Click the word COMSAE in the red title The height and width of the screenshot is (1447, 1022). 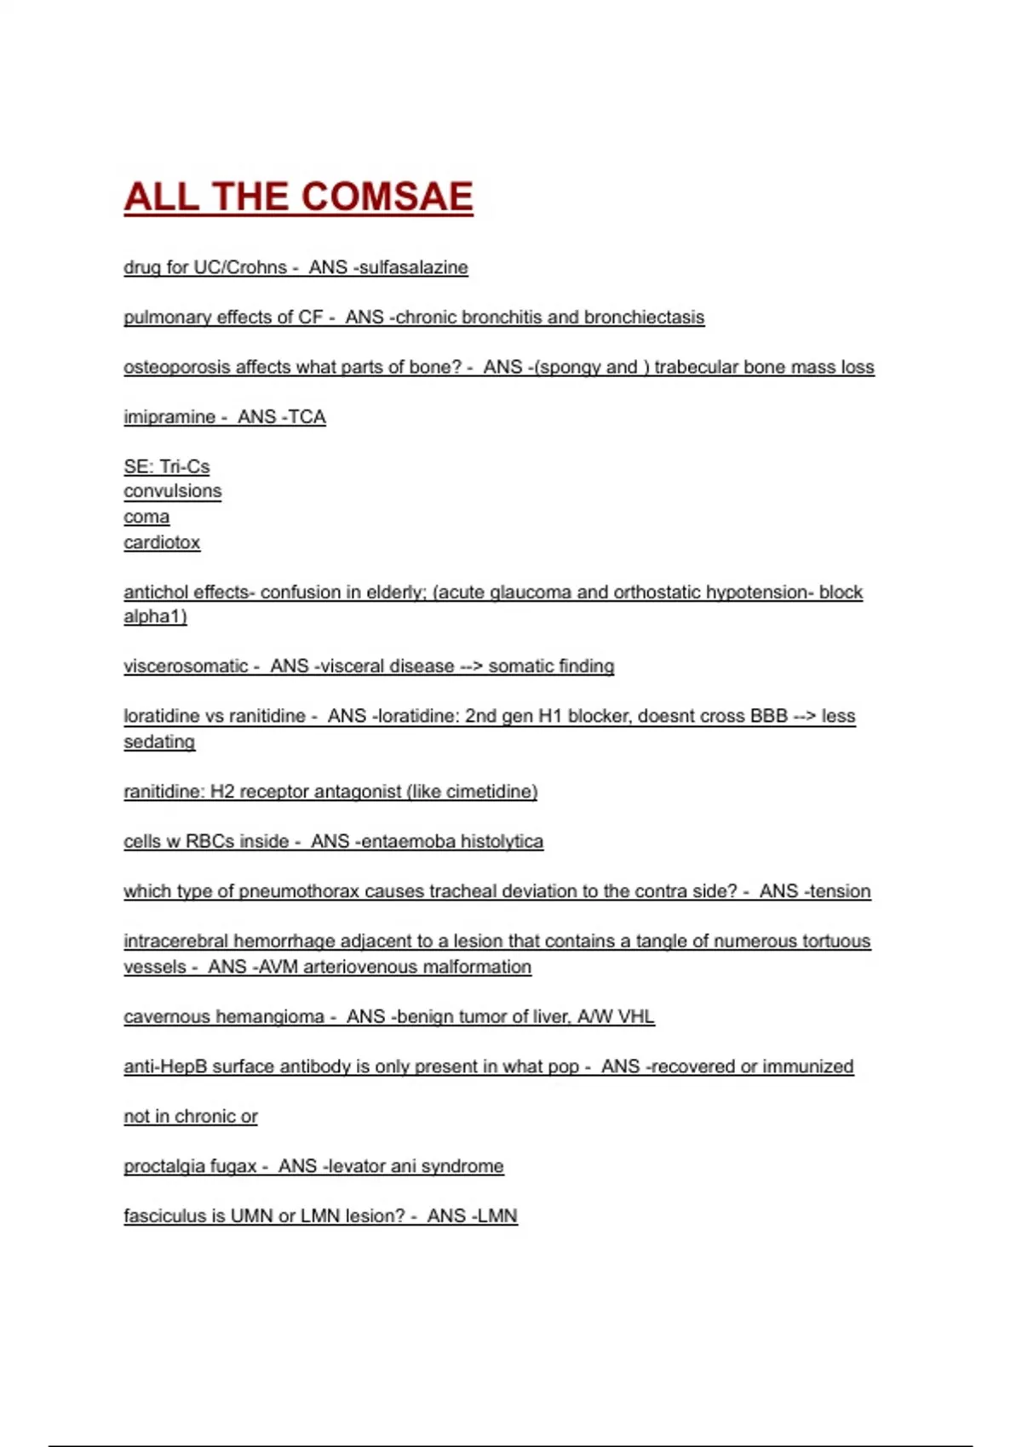[x=387, y=197]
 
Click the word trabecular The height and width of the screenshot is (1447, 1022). [x=696, y=367]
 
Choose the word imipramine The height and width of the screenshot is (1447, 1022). [x=169, y=417]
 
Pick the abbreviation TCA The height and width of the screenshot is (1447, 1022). [x=307, y=417]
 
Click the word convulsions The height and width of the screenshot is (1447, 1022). [x=172, y=491]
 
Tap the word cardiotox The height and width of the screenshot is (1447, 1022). [x=162, y=542]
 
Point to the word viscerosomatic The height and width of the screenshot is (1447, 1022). [x=186, y=666]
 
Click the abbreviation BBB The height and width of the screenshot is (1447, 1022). [x=768, y=716]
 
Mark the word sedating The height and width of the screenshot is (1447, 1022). [x=159, y=741]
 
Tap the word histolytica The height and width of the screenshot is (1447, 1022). [x=502, y=842]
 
